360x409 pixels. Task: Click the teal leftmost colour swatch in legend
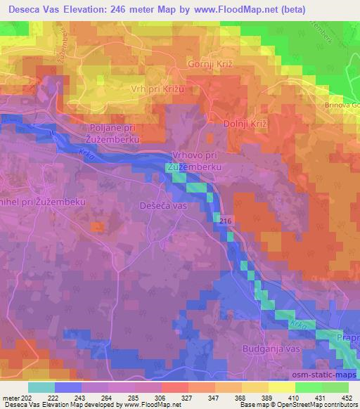tap(41, 387)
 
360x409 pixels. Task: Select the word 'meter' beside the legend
tap(11, 398)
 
